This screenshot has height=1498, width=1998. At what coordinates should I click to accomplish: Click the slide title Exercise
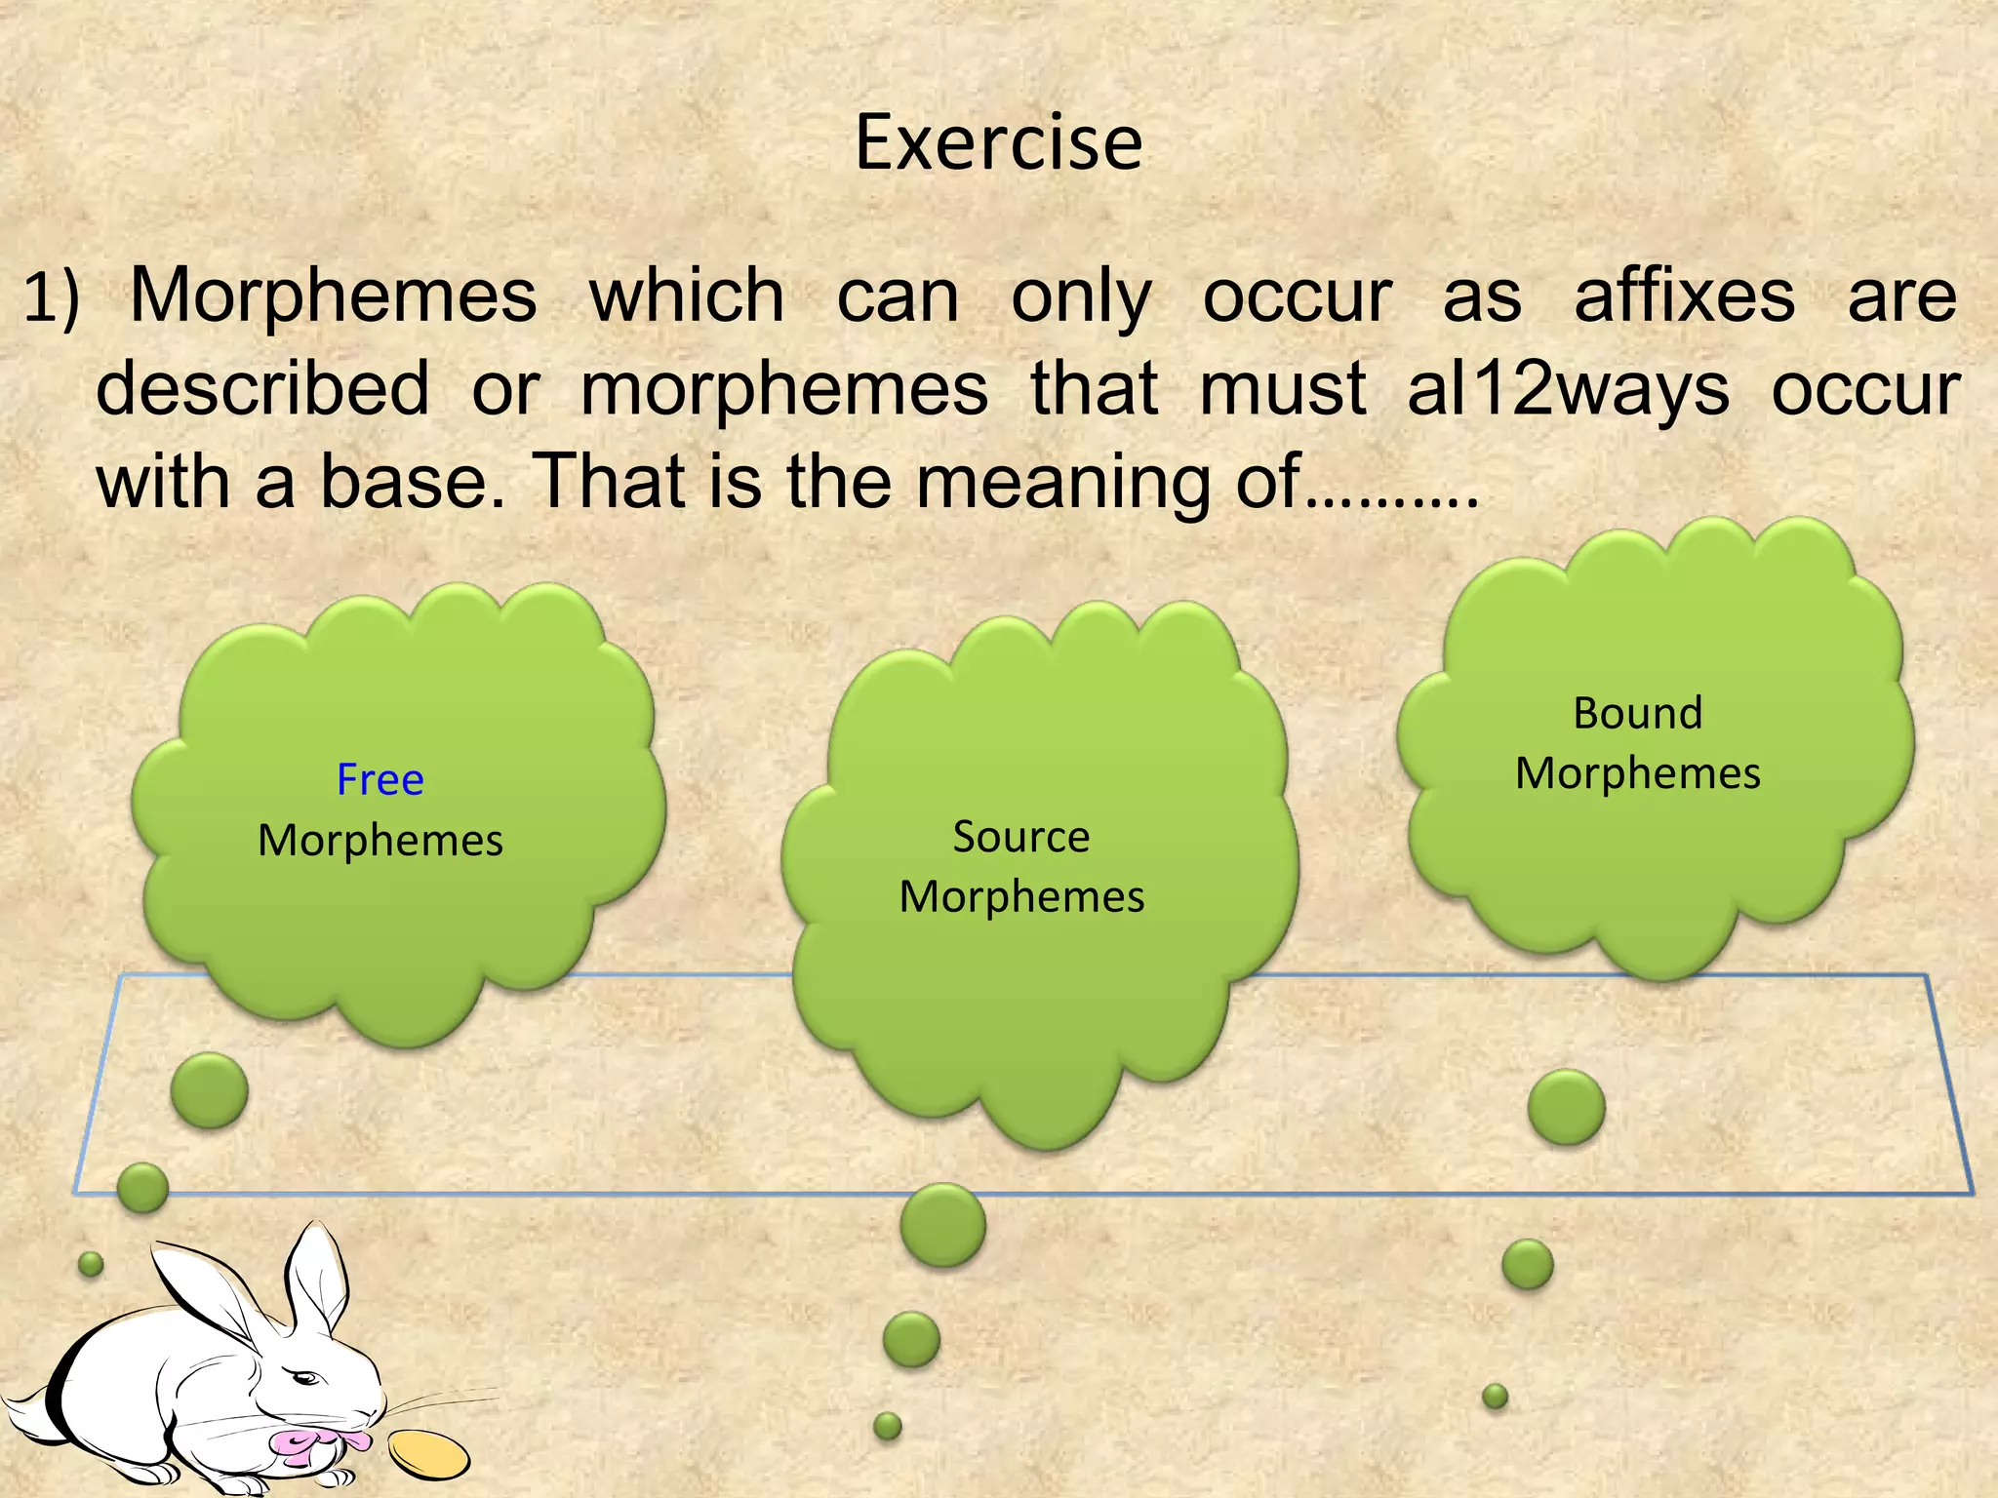click(998, 143)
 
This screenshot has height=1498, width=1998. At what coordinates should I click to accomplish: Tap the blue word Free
click(380, 779)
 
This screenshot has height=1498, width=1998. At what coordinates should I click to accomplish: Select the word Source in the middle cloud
click(1020, 837)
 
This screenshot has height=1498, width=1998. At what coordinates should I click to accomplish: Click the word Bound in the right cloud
click(1637, 713)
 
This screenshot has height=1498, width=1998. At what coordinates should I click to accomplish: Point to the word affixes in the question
click(1684, 296)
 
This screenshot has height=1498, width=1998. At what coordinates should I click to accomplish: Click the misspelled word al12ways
click(1567, 389)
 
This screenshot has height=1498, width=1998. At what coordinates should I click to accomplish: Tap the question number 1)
click(51, 297)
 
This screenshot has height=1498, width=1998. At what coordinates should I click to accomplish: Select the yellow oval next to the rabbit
click(428, 1453)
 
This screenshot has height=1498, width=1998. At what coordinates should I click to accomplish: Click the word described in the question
click(263, 389)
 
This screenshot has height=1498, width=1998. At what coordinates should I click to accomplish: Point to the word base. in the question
click(413, 481)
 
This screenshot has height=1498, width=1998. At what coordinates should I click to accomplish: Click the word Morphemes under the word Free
click(380, 841)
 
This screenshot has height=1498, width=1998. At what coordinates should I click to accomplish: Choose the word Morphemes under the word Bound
click(1637, 773)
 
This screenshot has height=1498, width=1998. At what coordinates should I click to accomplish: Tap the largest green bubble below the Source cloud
click(942, 1225)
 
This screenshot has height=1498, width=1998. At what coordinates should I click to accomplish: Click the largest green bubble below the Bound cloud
click(1566, 1107)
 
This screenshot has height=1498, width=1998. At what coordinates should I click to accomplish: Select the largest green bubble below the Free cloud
click(209, 1090)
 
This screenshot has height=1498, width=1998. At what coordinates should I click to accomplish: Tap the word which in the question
click(687, 296)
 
